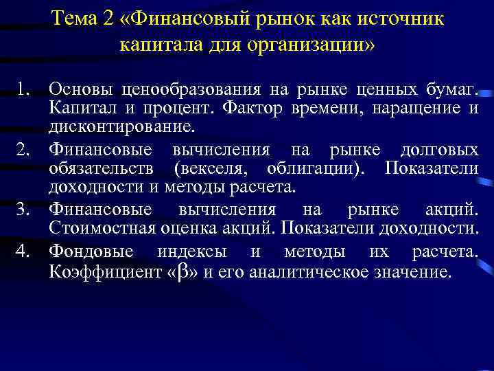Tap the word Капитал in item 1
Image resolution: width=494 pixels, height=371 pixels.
(76, 108)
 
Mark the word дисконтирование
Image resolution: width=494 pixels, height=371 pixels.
(121, 127)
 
